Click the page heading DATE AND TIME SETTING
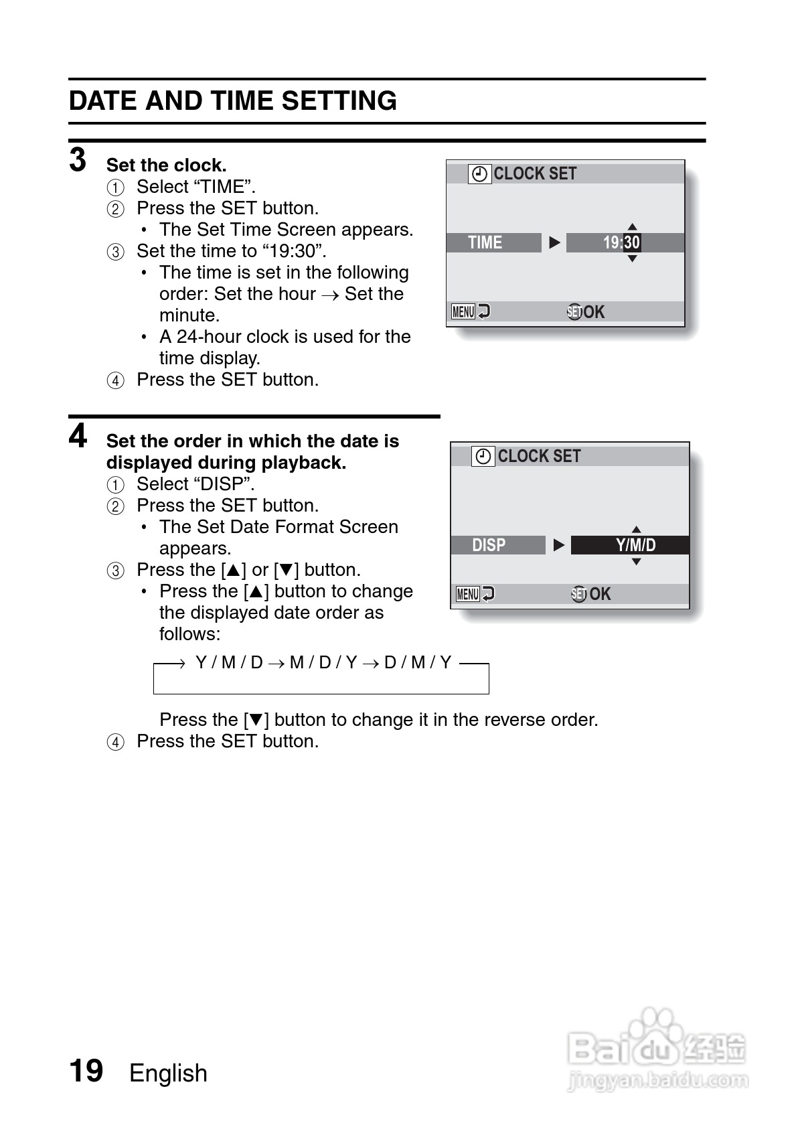pyautogui.click(x=232, y=101)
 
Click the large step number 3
pyautogui.click(x=78, y=160)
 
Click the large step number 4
pyautogui.click(x=78, y=436)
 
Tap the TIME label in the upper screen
pyautogui.click(x=485, y=242)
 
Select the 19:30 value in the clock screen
pyautogui.click(x=621, y=242)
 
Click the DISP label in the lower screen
pyautogui.click(x=489, y=545)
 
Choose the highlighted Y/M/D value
pyautogui.click(x=635, y=545)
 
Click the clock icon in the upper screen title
pyautogui.click(x=479, y=174)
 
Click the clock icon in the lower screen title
pyautogui.click(x=483, y=457)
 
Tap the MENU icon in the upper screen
pyautogui.click(x=463, y=312)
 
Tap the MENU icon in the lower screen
pyautogui.click(x=467, y=594)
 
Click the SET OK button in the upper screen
pyautogui.click(x=586, y=312)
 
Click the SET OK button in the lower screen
pyautogui.click(x=590, y=594)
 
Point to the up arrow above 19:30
pyautogui.click(x=632, y=227)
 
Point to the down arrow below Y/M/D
pyautogui.click(x=637, y=562)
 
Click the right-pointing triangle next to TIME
pyautogui.click(x=554, y=242)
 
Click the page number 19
pyautogui.click(x=86, y=1071)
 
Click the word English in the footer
pyautogui.click(x=168, y=1073)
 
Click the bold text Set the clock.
pyautogui.click(x=166, y=165)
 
